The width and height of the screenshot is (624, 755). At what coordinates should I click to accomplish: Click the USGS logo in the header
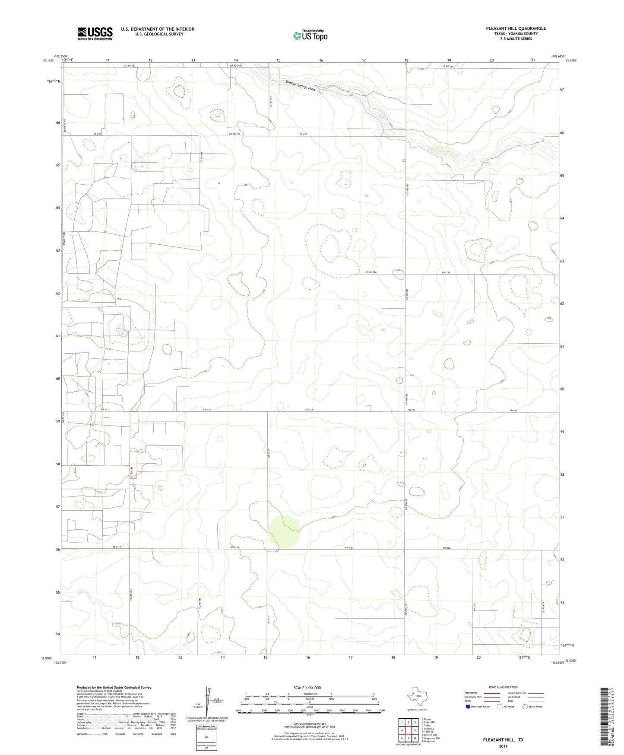coord(95,33)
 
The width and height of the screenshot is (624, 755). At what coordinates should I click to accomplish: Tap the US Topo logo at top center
coord(310,35)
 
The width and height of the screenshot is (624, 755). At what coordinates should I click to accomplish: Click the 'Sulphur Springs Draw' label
coord(301,86)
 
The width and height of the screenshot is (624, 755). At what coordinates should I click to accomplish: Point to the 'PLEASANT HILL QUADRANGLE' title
coord(516,29)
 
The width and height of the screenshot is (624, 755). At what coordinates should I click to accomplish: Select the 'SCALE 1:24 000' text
coord(307,688)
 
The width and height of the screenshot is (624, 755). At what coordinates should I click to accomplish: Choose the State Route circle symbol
coord(525,707)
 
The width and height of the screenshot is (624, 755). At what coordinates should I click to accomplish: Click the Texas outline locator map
coord(417,697)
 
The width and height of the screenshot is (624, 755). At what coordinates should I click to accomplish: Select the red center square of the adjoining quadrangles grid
coord(409,730)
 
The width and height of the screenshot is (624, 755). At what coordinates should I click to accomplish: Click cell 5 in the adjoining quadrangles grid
coord(415,730)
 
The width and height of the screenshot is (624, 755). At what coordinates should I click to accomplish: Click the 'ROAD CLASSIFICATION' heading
coord(503,687)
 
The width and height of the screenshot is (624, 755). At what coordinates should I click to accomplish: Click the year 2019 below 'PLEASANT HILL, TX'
coord(503,746)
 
